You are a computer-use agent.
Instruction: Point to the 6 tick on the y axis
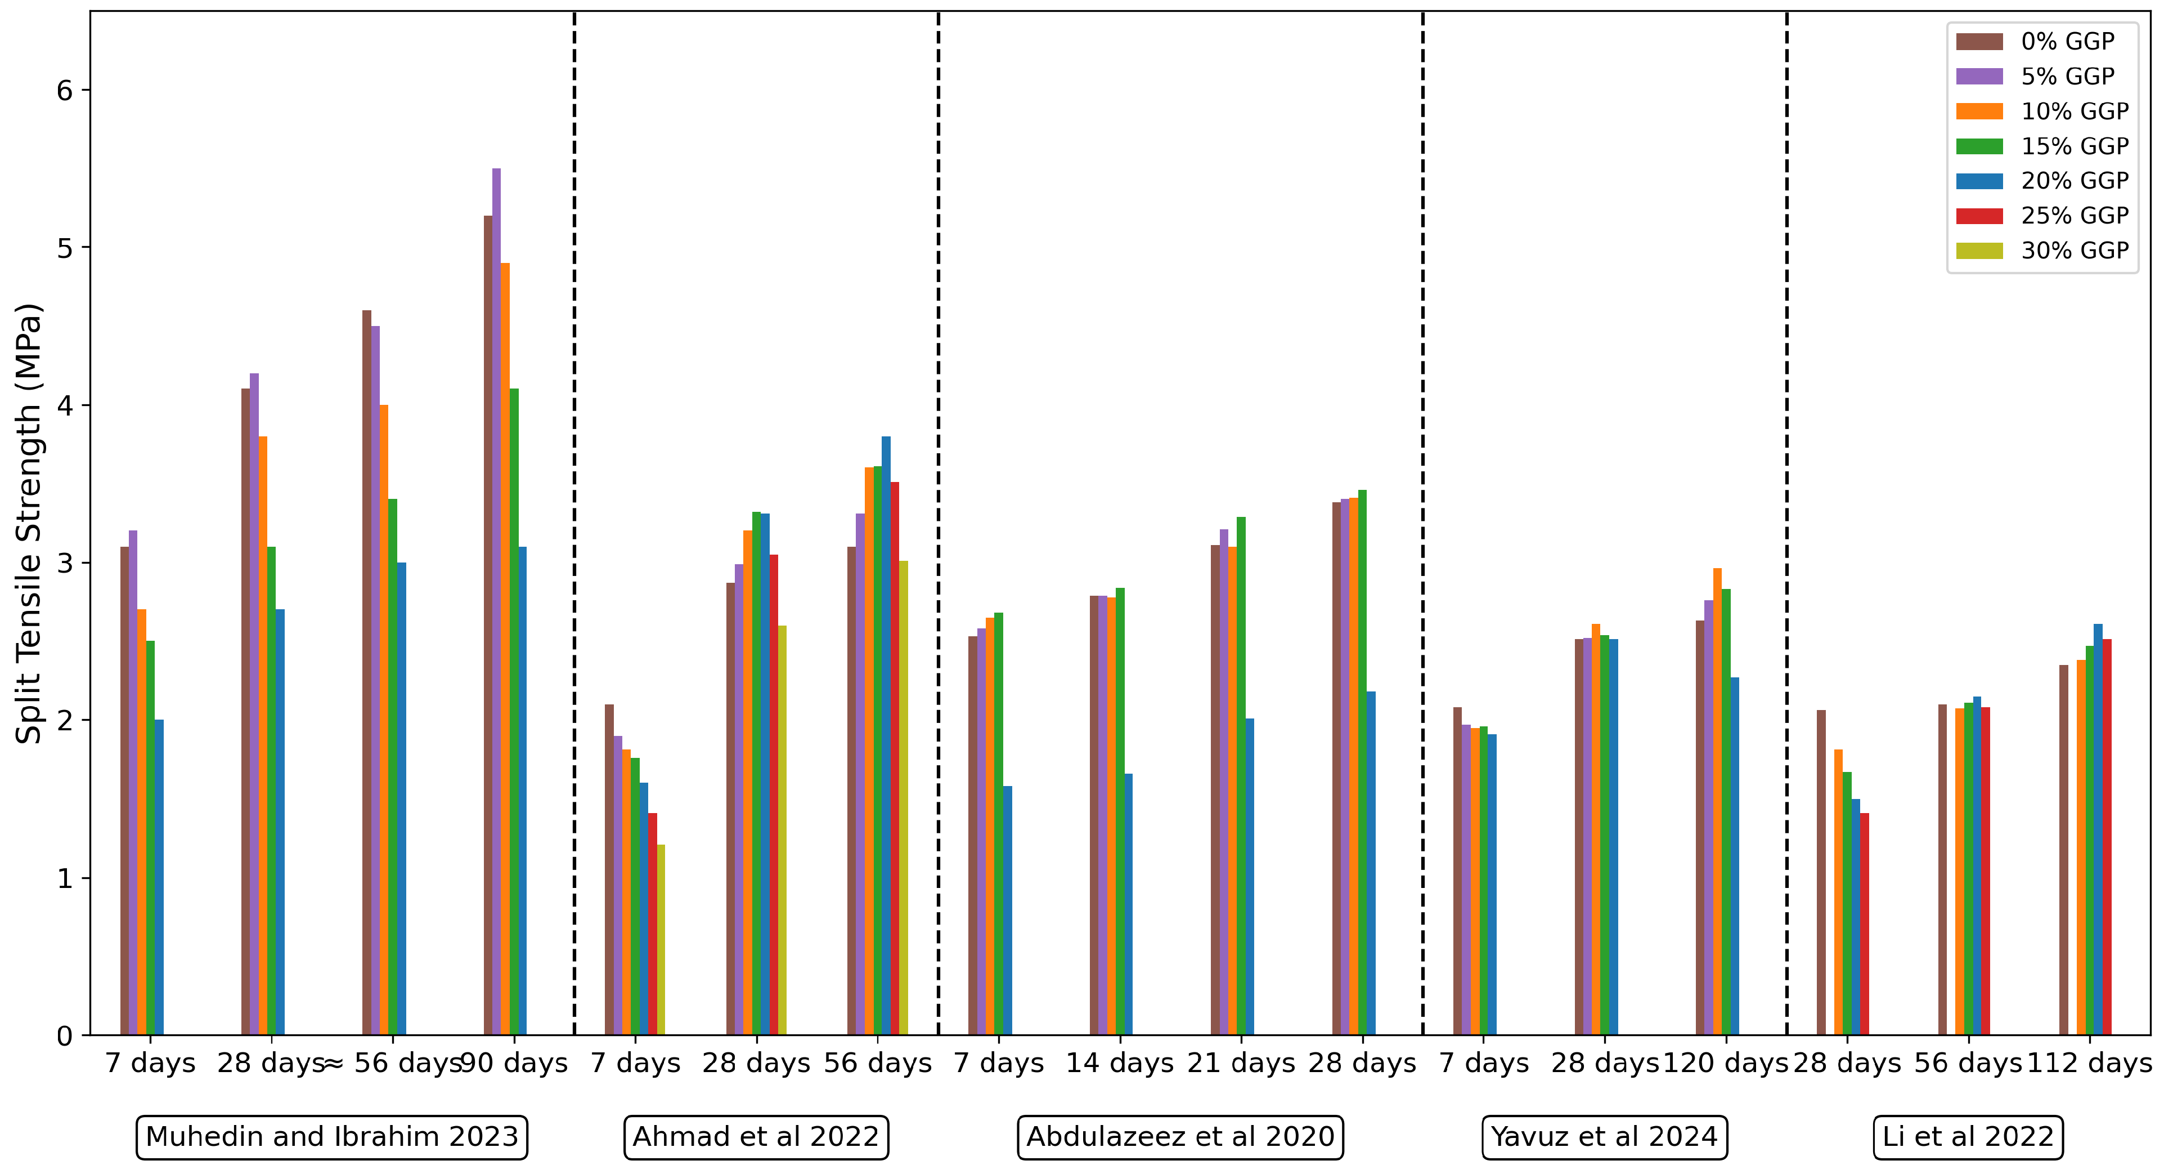pyautogui.click(x=65, y=90)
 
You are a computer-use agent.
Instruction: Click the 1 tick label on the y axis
pyautogui.click(x=65, y=878)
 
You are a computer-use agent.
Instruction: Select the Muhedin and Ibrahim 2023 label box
pyautogui.click(x=332, y=1136)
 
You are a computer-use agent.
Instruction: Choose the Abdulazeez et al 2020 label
pyautogui.click(x=1180, y=1136)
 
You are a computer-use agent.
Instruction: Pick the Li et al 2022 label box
pyautogui.click(x=1968, y=1136)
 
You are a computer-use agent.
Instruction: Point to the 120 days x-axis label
pyautogui.click(x=1726, y=1063)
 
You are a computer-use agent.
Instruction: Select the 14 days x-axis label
pyautogui.click(x=1119, y=1063)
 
